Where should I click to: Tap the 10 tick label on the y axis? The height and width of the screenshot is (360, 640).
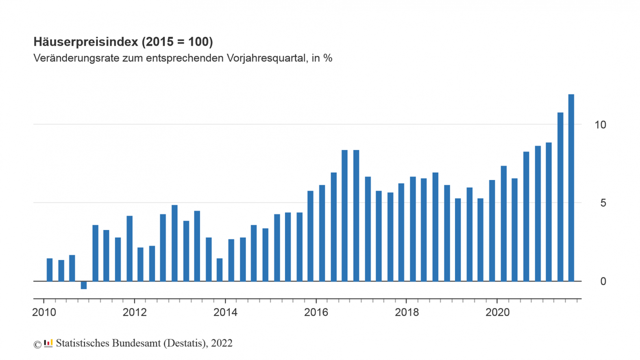tap(600, 125)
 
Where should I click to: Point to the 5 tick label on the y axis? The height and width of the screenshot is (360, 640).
tap(603, 203)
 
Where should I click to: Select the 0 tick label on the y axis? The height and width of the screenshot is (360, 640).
tap(603, 281)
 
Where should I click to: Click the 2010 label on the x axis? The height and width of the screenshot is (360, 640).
tap(44, 312)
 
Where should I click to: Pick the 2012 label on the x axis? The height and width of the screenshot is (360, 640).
tap(135, 312)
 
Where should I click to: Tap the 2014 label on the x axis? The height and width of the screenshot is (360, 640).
tap(225, 312)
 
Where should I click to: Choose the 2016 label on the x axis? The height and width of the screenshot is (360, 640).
tap(316, 312)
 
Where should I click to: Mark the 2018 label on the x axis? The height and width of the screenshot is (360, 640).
tap(407, 312)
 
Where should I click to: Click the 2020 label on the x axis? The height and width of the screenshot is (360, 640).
tap(498, 312)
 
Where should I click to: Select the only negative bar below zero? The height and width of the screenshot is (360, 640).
tap(84, 285)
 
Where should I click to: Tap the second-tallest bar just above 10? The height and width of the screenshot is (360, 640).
tap(560, 197)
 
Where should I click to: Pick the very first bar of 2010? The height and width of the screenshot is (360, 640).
tap(50, 270)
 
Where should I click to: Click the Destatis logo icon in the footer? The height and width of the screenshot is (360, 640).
tap(48, 343)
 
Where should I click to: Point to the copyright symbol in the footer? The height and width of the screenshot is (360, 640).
tap(37, 345)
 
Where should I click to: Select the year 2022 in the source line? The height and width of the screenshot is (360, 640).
tap(222, 343)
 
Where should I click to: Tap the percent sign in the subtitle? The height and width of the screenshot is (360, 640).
tap(328, 58)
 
